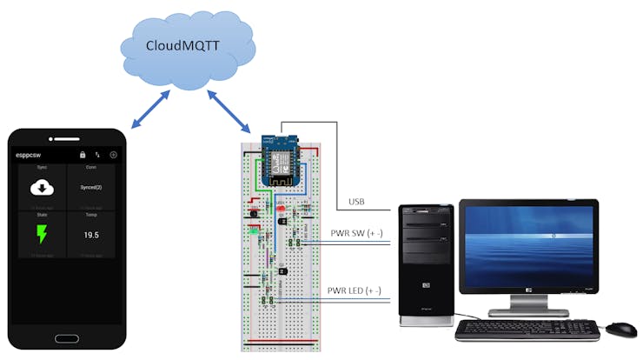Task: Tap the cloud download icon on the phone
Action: coord(41,187)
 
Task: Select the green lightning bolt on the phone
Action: coord(41,235)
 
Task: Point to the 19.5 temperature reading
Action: coord(90,235)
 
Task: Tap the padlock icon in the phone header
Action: coord(83,154)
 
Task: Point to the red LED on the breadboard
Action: coord(281,210)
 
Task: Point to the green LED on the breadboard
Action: coord(253,231)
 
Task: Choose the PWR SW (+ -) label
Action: coord(355,234)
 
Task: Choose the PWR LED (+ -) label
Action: coord(355,290)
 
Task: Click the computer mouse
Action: coord(620,330)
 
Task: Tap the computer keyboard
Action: coord(527,330)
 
